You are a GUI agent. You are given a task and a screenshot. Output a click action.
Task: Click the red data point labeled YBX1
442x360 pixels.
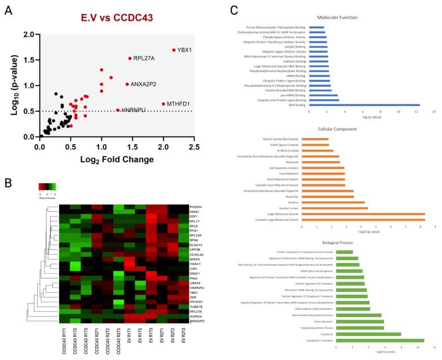tap(174, 50)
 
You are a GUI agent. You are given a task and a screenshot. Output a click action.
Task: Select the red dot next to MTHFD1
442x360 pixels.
tap(163, 104)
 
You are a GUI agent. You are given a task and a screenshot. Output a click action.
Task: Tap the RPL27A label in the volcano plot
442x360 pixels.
tap(145, 58)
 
